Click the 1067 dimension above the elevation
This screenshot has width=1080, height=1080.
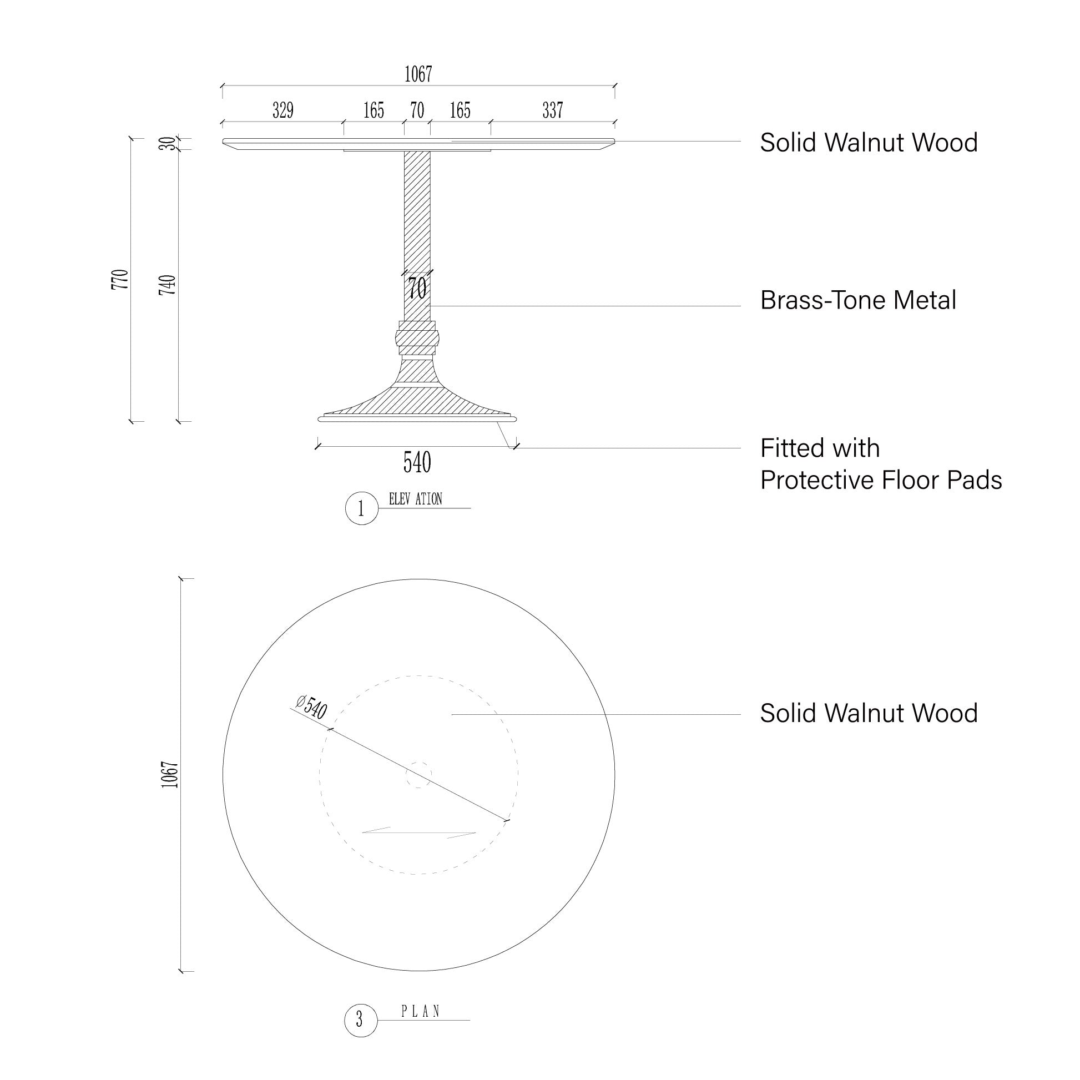click(x=418, y=74)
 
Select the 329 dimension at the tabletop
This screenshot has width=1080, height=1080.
click(x=283, y=110)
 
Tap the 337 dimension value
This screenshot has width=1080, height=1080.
click(x=552, y=110)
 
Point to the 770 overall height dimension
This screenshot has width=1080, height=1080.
click(x=120, y=280)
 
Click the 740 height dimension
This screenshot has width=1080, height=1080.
click(x=168, y=285)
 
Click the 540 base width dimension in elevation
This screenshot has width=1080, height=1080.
click(x=417, y=462)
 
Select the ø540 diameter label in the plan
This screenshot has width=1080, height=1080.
click(x=311, y=707)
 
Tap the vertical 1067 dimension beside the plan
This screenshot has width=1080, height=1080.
click(x=169, y=775)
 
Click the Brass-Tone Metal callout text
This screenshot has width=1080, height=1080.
click(x=857, y=300)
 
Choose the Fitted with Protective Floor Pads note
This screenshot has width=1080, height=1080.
click(x=880, y=464)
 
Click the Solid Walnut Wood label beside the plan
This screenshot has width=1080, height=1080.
click(x=868, y=713)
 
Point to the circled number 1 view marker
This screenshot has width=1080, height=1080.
click(x=361, y=509)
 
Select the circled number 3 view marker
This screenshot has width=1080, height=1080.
click(x=360, y=1020)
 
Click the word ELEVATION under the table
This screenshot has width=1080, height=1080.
click(x=415, y=499)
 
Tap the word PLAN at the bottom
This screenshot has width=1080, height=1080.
click(x=420, y=1011)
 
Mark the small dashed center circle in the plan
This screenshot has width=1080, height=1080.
click(x=418, y=775)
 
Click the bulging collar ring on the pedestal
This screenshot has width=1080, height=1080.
click(x=417, y=338)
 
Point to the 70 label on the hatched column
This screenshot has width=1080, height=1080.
click(x=417, y=289)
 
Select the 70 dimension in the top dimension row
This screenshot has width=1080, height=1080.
click(x=417, y=110)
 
